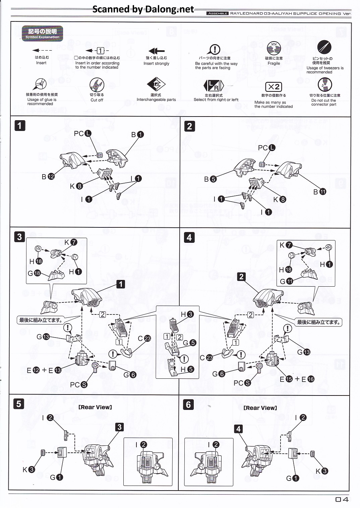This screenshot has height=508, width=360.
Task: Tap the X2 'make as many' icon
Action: (x=274, y=87)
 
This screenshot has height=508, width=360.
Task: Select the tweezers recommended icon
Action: (x=324, y=47)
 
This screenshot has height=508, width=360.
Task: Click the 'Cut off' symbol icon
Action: (x=97, y=85)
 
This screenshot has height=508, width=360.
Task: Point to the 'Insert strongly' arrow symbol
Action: (x=157, y=51)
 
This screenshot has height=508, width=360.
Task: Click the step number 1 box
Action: (x=20, y=126)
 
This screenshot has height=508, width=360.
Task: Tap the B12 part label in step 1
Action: (x=48, y=176)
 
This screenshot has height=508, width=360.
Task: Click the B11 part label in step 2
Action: (x=319, y=192)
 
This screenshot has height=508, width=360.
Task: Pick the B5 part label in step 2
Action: (x=210, y=179)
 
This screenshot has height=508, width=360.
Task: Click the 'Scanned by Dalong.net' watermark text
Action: (x=143, y=9)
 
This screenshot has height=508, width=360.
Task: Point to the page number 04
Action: (x=342, y=499)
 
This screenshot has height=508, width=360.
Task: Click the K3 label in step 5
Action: (x=28, y=469)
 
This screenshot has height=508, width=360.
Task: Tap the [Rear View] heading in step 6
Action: (x=260, y=408)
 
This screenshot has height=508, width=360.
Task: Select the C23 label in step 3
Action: (x=144, y=339)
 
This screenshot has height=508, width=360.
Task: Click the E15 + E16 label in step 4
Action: (x=297, y=379)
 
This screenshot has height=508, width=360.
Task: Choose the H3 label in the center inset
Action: (x=187, y=314)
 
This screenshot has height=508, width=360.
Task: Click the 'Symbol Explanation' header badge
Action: (x=42, y=33)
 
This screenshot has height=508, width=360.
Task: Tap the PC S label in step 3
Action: (x=78, y=385)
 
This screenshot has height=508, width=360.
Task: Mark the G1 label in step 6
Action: (x=292, y=478)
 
